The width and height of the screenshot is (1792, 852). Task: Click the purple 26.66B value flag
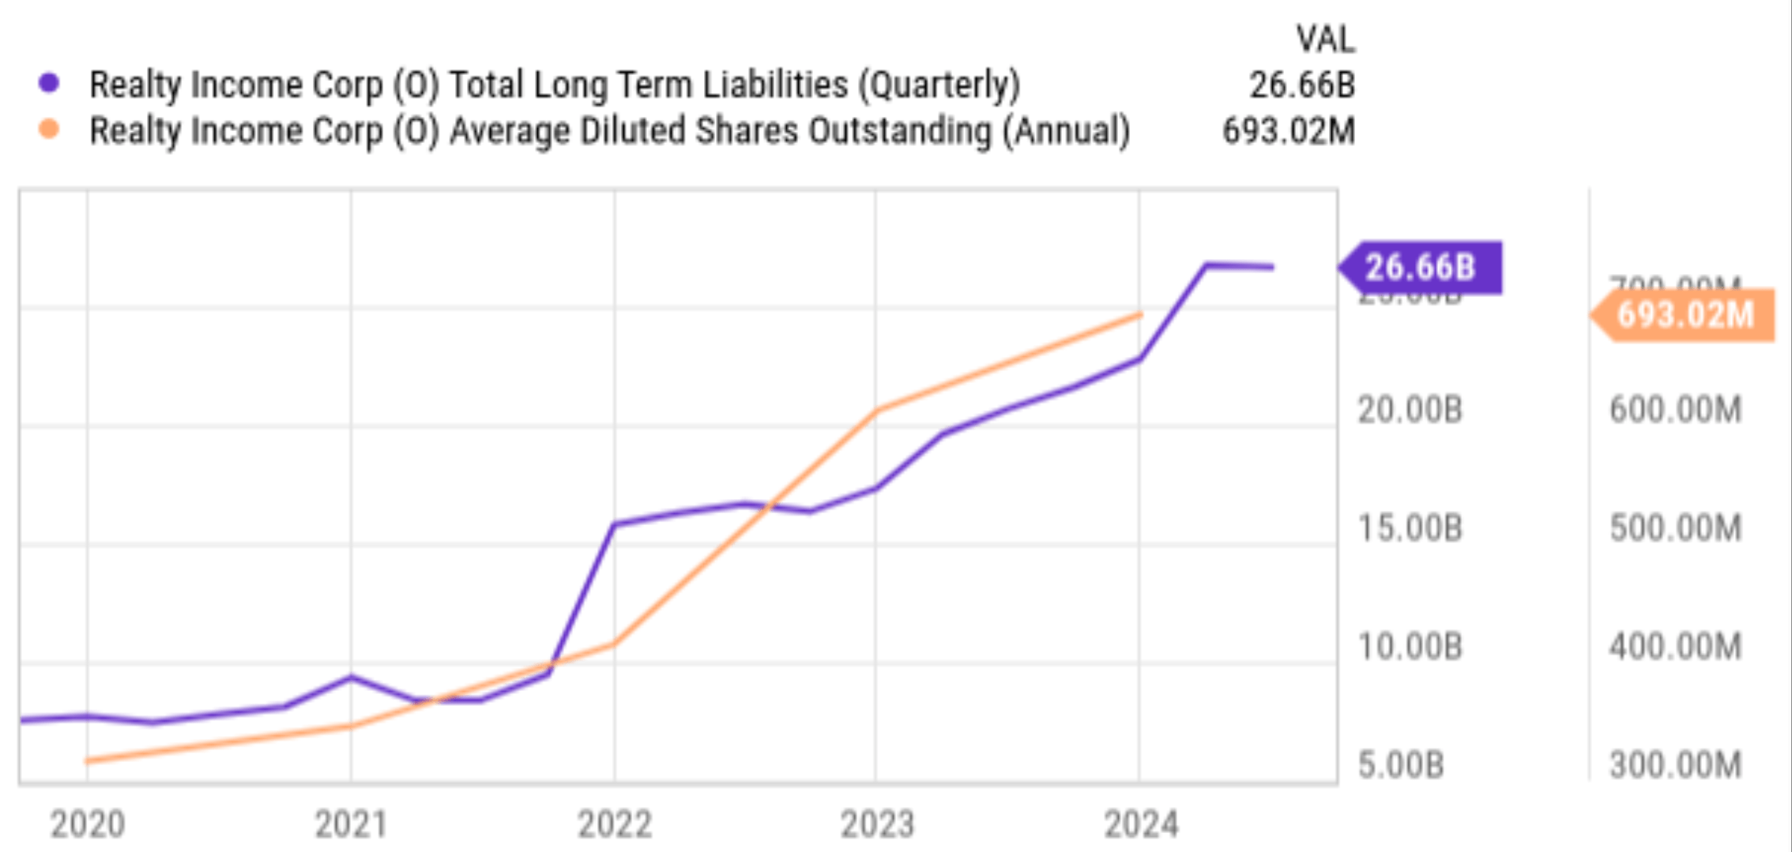coord(1421,268)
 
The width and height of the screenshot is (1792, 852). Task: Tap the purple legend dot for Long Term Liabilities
coord(49,83)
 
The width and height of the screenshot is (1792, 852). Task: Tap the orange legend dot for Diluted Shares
coord(49,129)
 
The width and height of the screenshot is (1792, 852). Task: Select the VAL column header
coord(1325,39)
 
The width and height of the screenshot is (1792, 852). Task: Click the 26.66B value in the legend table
coord(1301,85)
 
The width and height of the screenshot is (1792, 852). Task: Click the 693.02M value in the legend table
coord(1288,131)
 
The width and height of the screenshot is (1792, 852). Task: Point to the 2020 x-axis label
coord(88,824)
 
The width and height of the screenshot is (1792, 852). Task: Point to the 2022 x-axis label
coord(615,824)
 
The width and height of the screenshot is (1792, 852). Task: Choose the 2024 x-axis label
coord(1140,824)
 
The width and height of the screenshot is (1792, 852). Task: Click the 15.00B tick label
coord(1410,528)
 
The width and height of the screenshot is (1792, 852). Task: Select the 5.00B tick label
coord(1400,765)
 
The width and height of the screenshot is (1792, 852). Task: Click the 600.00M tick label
coord(1675,410)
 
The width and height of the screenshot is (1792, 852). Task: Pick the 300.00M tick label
coord(1675,765)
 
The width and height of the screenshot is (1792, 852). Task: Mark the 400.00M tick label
coord(1675,647)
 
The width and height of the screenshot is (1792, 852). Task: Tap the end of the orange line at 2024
coord(1140,314)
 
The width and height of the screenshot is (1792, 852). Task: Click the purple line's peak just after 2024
coord(1207,265)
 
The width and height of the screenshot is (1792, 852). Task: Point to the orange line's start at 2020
coord(88,761)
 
